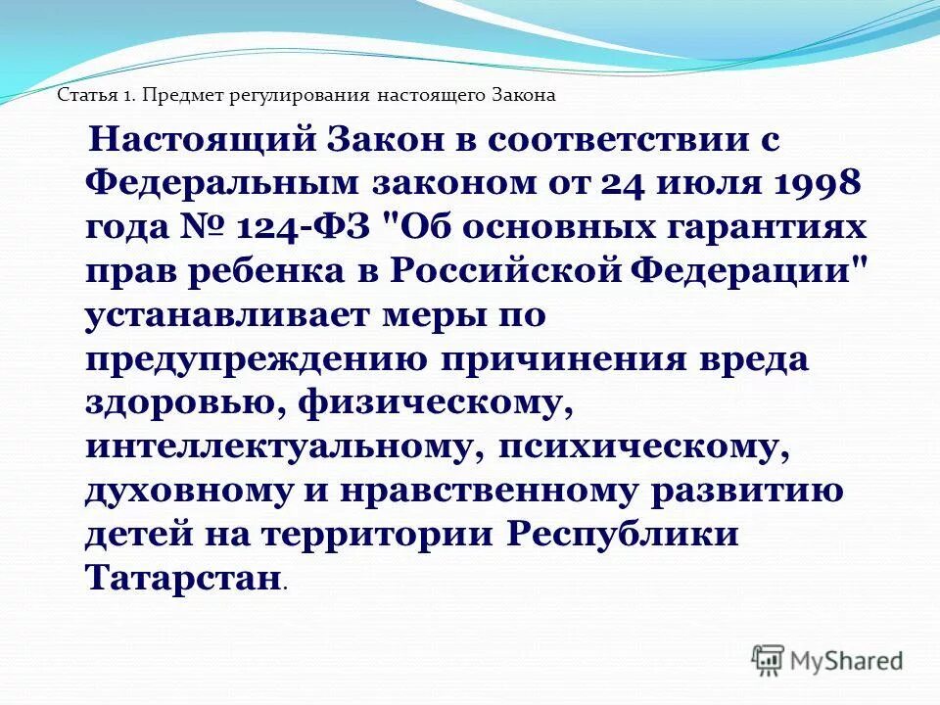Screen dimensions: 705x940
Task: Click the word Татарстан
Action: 182,578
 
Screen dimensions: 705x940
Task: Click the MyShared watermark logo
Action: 827,660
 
